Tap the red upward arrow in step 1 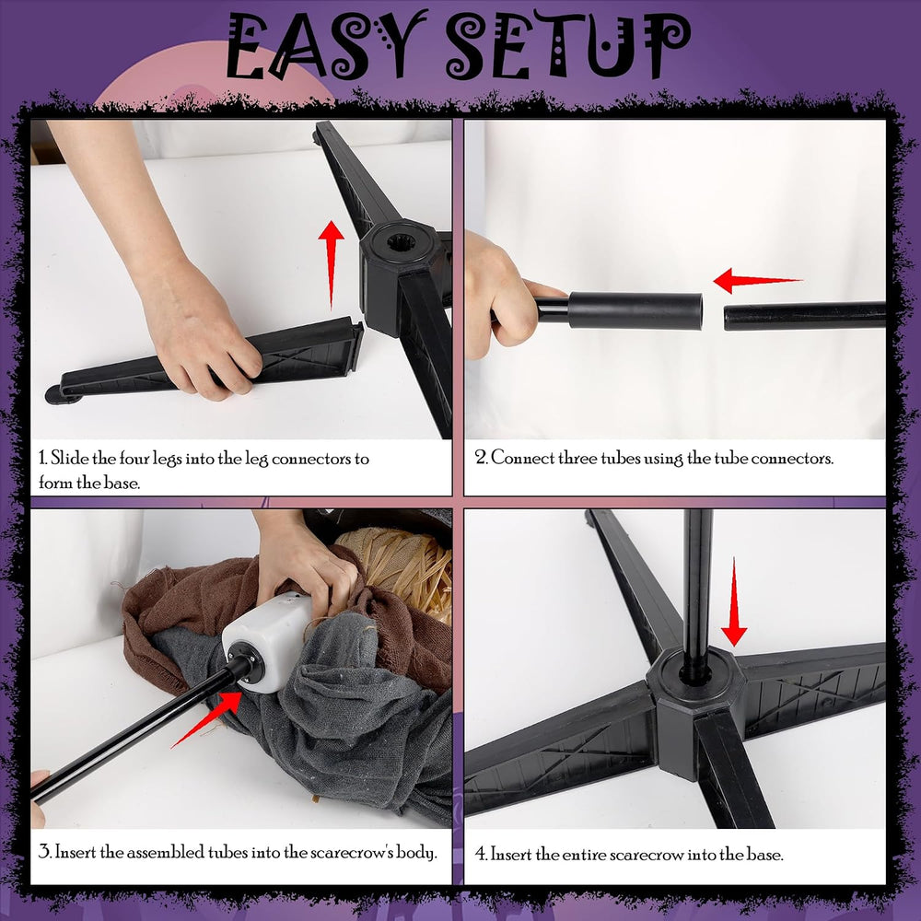pyautogui.click(x=332, y=264)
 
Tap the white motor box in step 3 pyautogui.click(x=267, y=641)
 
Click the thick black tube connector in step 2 pyautogui.click(x=635, y=310)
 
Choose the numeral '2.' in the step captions pyautogui.click(x=481, y=458)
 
